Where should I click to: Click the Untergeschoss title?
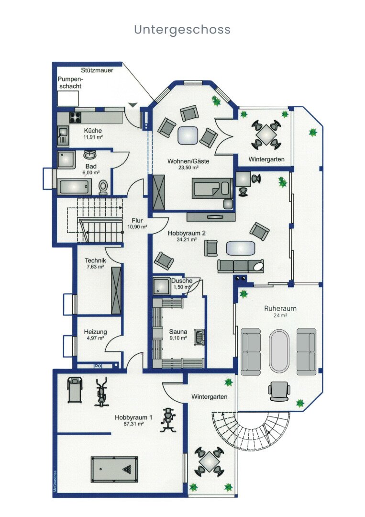point(182,29)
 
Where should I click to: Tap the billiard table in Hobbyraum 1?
point(114,469)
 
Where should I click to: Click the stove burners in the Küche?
point(75,117)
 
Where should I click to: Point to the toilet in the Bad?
point(103,188)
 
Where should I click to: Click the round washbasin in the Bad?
point(89,155)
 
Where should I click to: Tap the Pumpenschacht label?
point(70,83)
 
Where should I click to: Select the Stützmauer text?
point(97,70)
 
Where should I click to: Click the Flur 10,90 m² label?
point(137,224)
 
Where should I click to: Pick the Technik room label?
point(95,263)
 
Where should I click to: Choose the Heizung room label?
point(95,335)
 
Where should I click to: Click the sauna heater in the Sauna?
point(199,337)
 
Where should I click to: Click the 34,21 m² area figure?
point(187,239)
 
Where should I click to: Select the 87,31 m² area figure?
point(133,424)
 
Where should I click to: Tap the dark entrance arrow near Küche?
point(133,104)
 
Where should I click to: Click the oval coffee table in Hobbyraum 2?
point(241,248)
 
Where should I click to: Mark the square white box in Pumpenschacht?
point(68,99)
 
